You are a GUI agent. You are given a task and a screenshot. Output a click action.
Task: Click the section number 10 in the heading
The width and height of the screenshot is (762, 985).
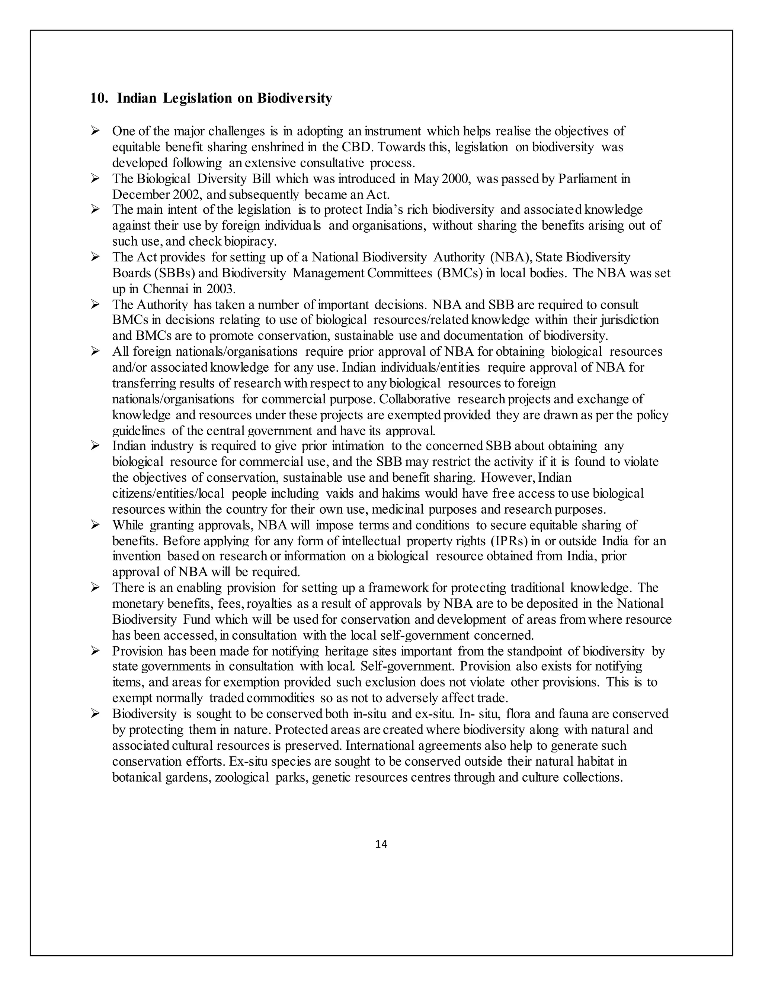point(97,98)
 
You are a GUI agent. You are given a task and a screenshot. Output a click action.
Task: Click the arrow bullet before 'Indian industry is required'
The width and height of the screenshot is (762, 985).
point(95,446)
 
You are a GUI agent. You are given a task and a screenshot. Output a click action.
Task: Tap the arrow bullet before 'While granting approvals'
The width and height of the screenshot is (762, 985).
point(95,525)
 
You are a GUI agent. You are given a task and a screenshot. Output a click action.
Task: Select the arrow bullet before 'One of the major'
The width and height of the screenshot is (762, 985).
point(95,131)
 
